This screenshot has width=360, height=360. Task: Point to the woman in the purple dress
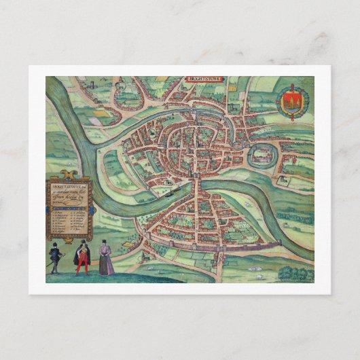[x=106, y=258]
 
